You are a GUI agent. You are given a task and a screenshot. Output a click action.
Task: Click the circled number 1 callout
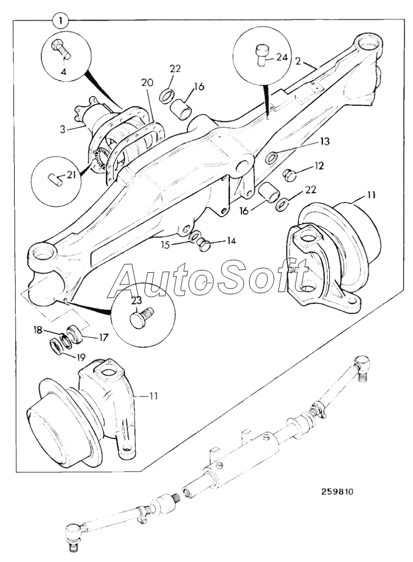tap(60, 20)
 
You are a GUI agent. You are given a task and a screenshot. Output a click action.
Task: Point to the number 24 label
tap(283, 57)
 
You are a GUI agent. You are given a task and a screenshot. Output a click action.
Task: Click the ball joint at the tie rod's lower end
tap(73, 534)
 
